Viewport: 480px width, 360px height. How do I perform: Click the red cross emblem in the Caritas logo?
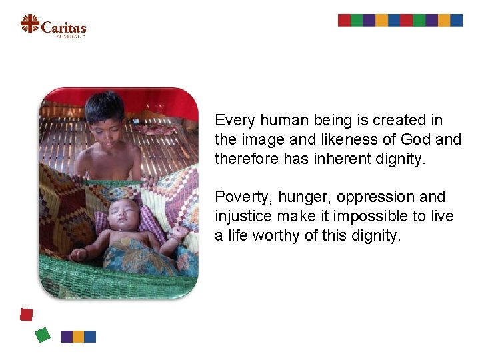(x=29, y=23)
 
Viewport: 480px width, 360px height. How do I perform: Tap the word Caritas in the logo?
(x=63, y=27)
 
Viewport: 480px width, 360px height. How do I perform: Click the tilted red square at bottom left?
(x=27, y=315)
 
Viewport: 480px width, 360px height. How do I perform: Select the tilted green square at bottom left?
(x=42, y=334)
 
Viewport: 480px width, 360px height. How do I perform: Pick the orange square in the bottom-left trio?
(x=79, y=337)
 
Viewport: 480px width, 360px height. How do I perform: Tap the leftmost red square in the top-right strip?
(x=344, y=20)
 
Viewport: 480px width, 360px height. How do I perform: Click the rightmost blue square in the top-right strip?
(x=457, y=20)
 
